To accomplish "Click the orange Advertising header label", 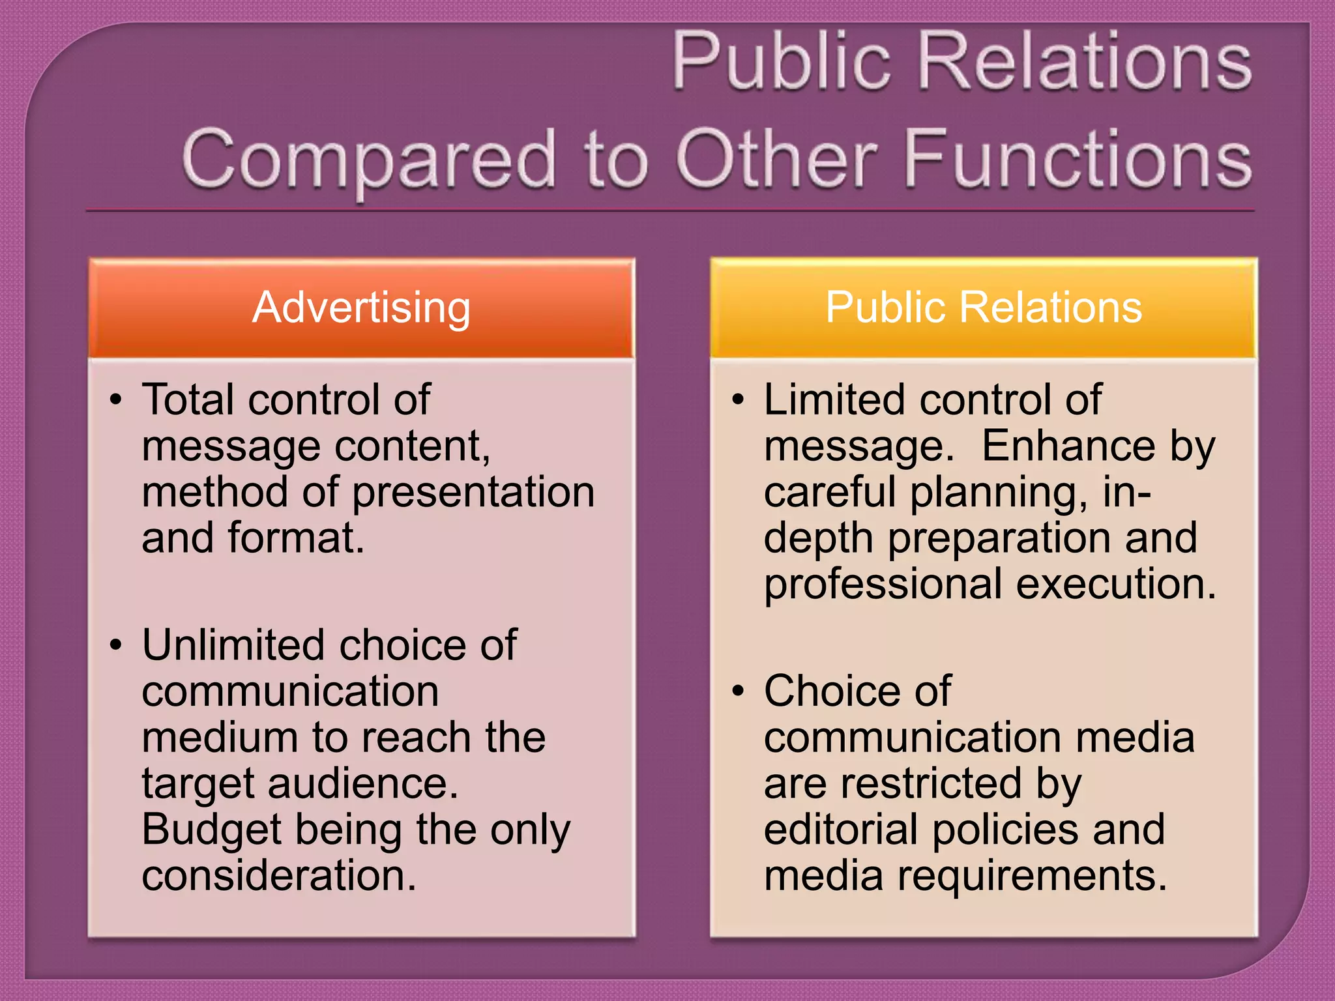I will pyautogui.click(x=361, y=307).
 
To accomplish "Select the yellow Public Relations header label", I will pyautogui.click(x=983, y=307).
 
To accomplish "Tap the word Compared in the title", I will pyautogui.click(x=369, y=160).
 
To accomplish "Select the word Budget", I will pyautogui.click(x=211, y=830).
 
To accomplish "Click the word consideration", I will pyautogui.click(x=278, y=875).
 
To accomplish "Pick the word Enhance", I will pyautogui.click(x=1070, y=446).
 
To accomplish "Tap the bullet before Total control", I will pyautogui.click(x=116, y=399).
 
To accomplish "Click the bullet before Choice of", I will pyautogui.click(x=737, y=691).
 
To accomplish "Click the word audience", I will pyautogui.click(x=362, y=783).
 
